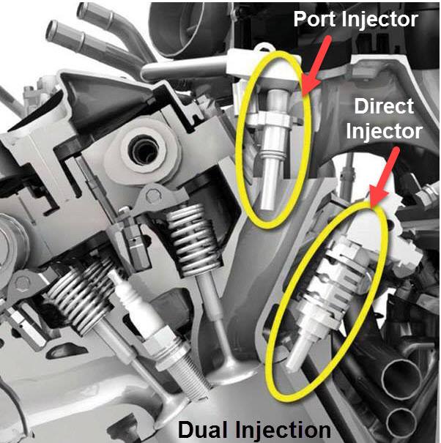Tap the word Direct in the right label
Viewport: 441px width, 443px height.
[x=383, y=106]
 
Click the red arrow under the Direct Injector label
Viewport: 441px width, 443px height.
[x=384, y=172]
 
